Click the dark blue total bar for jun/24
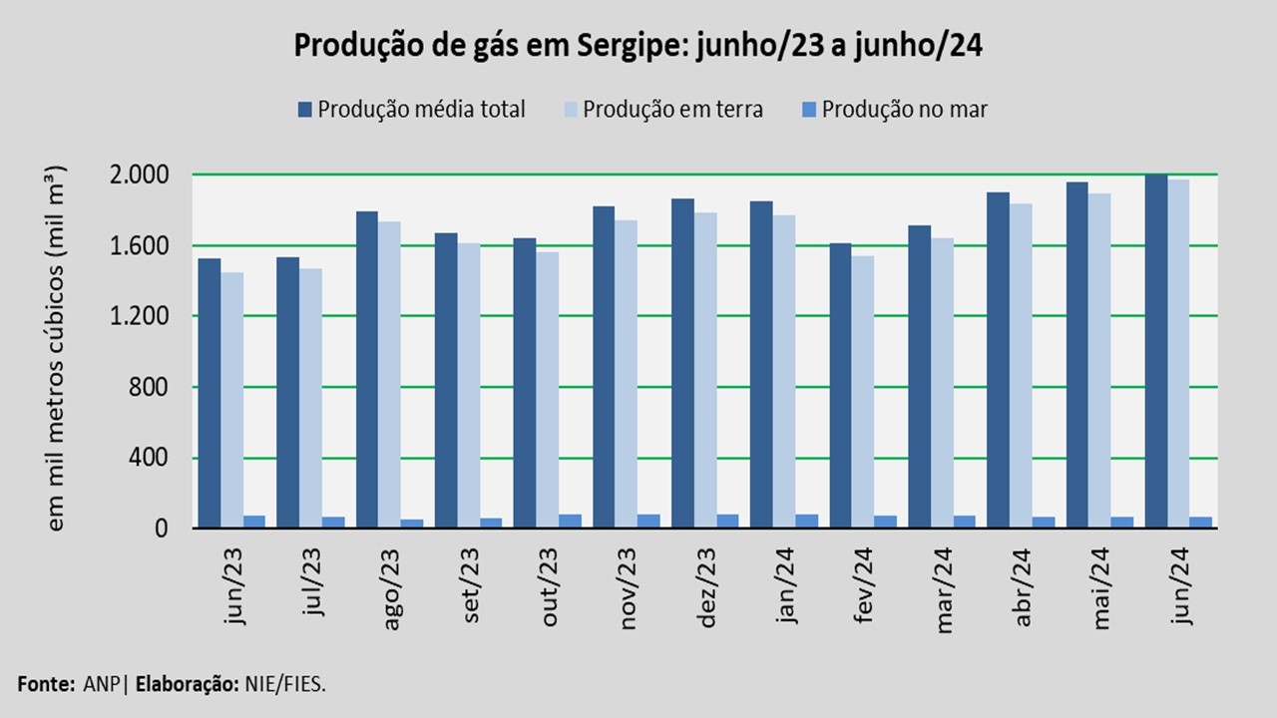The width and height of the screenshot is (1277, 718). [1156, 351]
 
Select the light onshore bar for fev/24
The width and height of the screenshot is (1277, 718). [864, 392]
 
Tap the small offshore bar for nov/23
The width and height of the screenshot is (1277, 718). [648, 521]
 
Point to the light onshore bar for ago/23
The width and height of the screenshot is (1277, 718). [390, 375]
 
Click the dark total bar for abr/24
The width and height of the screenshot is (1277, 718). [999, 360]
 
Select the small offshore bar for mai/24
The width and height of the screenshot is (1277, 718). [1122, 522]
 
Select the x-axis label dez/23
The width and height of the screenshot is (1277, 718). [707, 588]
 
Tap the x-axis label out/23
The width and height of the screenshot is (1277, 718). [551, 588]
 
